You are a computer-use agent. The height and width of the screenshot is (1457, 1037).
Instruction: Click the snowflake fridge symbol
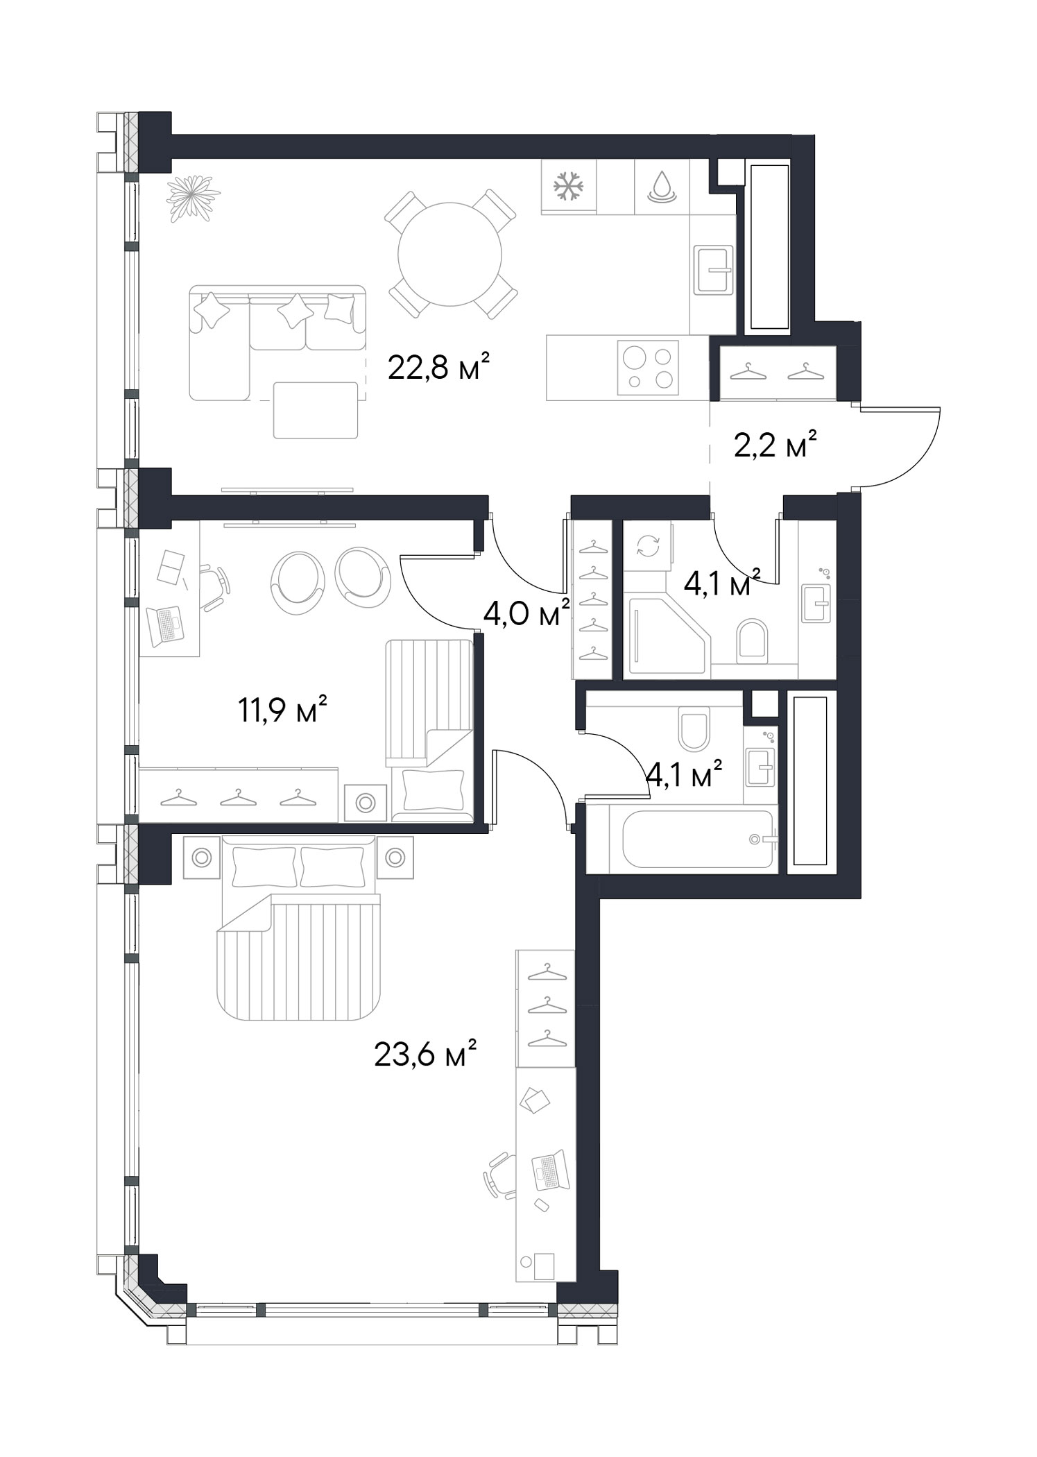coord(569,186)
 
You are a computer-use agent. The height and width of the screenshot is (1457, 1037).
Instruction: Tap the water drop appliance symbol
coord(662,186)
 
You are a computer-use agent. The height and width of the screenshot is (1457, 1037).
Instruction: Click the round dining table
coord(449,255)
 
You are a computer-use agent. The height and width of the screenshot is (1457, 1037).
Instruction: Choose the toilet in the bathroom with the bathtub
coord(694,728)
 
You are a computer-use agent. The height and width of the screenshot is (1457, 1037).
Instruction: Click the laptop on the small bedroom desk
coord(166,623)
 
